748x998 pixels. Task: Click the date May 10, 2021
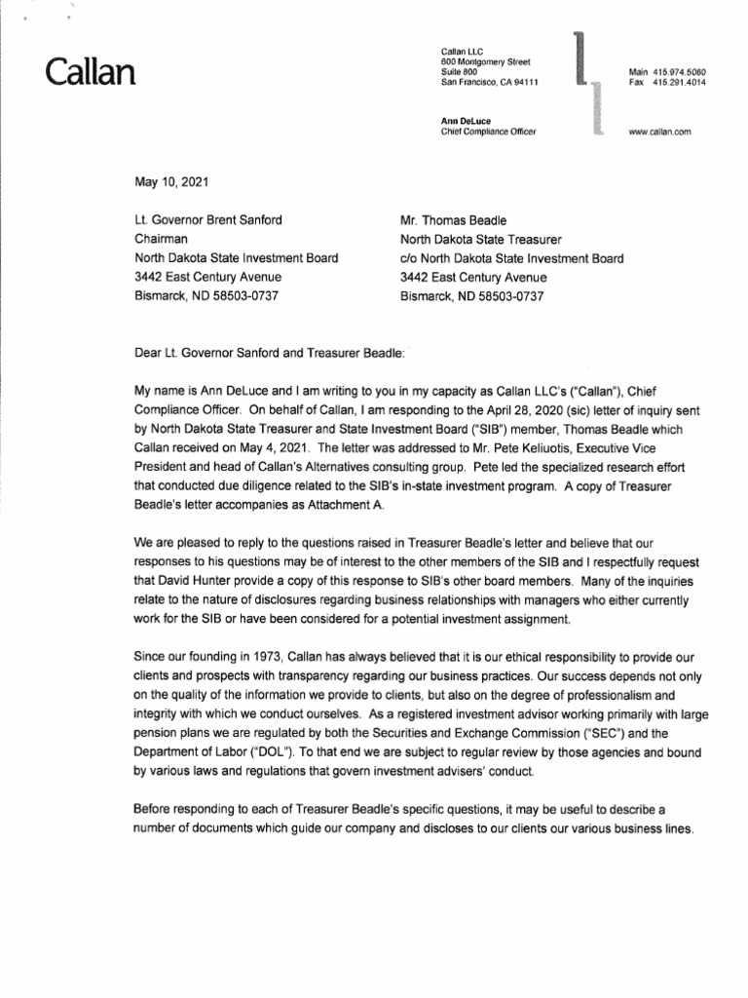(169, 182)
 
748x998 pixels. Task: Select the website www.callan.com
(659, 132)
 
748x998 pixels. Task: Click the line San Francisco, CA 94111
(497, 83)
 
